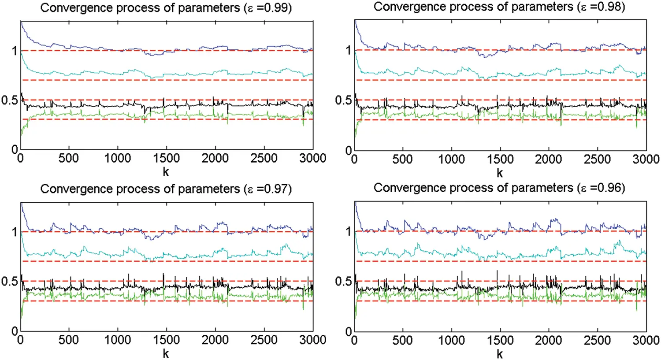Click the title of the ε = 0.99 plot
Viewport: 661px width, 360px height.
(x=166, y=8)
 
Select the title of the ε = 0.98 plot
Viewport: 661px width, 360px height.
(x=499, y=7)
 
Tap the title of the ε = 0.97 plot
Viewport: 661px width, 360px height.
(x=166, y=189)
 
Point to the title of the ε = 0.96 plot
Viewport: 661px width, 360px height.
(x=499, y=188)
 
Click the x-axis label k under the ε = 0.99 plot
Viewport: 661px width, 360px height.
(x=166, y=172)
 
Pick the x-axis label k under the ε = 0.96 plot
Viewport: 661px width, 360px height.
(x=499, y=354)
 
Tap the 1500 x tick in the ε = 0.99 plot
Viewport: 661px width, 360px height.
(x=166, y=158)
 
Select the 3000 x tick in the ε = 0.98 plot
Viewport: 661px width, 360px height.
(x=646, y=159)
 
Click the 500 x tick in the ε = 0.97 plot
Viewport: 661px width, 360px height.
(x=69, y=340)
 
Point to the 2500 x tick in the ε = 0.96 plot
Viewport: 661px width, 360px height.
(x=597, y=340)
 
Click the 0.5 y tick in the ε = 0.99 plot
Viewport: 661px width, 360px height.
(x=9, y=100)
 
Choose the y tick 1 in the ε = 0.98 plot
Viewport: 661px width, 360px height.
(x=349, y=50)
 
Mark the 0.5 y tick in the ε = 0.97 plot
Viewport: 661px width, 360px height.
(x=9, y=281)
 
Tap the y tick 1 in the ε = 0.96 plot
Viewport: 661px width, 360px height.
(x=349, y=231)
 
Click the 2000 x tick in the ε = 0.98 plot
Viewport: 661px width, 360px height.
(x=549, y=159)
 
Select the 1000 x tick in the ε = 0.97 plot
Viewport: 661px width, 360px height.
(x=118, y=340)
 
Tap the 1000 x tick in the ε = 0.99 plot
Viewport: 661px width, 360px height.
(x=118, y=158)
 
